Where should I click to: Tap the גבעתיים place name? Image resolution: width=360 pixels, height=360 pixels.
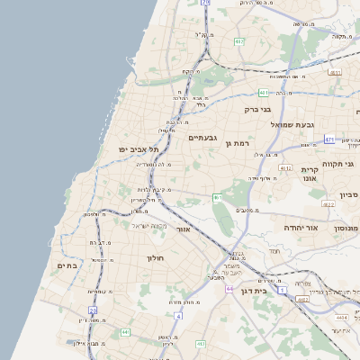[202, 138]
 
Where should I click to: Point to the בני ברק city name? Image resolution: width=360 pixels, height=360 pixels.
[256, 110]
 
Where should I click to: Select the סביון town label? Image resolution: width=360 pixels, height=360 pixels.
[348, 194]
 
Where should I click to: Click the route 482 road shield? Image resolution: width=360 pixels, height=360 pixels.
[239, 41]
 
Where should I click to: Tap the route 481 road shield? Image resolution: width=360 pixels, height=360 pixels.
[264, 92]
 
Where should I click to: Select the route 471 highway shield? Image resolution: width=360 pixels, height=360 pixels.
[329, 139]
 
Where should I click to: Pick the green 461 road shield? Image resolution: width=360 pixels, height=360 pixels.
[217, 197]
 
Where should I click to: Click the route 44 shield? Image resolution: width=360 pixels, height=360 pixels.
[230, 288]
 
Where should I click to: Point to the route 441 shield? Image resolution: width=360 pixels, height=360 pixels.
[125, 333]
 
